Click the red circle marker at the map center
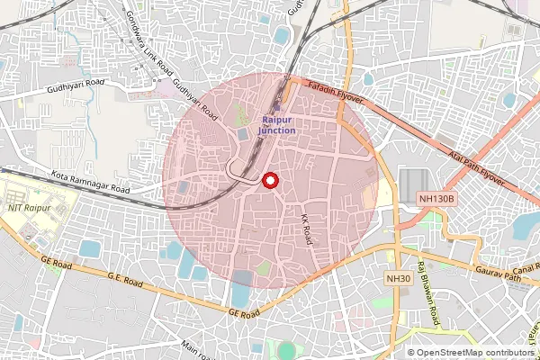pos(269,181)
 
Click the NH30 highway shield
pos(398,280)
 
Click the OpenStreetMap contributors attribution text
pos(472,352)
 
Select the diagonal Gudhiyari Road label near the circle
pos(196,101)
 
